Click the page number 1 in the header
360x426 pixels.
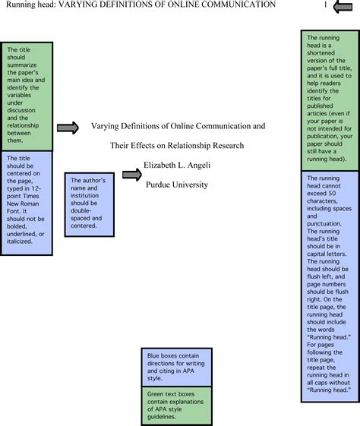[x=325, y=5]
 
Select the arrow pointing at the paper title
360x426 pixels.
[x=68, y=128]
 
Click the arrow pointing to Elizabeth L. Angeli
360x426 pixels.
[x=132, y=175]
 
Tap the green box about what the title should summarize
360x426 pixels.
[x=27, y=96]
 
